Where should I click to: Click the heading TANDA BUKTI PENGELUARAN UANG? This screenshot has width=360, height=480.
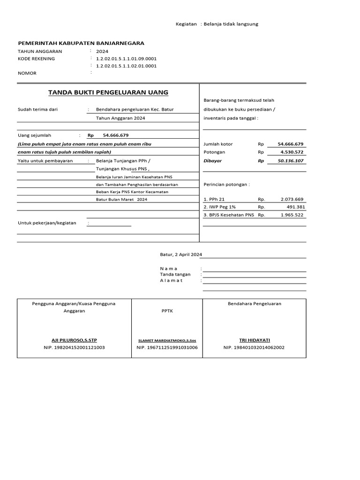coord(108,92)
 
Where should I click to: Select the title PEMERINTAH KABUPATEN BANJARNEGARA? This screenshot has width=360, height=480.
coord(81,43)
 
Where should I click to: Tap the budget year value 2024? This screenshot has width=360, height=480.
coord(102,52)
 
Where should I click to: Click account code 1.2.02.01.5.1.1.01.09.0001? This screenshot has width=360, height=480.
coord(126,59)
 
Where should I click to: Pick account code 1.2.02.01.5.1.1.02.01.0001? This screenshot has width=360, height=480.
coord(126,66)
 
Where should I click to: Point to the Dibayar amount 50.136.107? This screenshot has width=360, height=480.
coord(291,161)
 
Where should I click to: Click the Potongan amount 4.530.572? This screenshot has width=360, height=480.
coord(292,152)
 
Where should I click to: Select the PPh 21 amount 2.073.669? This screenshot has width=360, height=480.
coord(292,199)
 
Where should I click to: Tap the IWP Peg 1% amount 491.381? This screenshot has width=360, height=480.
coord(295,207)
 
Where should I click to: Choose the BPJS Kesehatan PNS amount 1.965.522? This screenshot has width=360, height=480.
coord(292,215)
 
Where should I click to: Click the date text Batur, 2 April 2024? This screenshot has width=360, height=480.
coord(181,255)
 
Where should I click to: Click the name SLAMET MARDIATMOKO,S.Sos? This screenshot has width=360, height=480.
coord(167,340)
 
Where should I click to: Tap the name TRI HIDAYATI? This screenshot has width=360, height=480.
coord(254,340)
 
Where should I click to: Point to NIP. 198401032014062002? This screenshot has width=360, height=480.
coord(254,347)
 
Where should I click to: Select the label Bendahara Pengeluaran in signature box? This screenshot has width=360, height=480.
coord(254,304)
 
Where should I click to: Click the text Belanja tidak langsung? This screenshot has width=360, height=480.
coord(231,24)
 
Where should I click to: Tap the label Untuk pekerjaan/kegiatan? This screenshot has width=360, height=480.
coord(47,223)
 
